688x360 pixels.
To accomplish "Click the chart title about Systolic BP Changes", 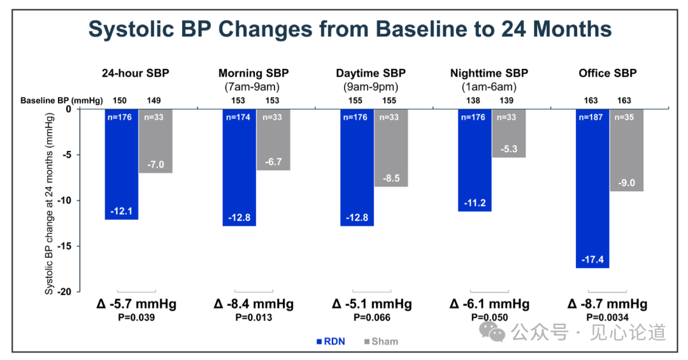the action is [350, 29].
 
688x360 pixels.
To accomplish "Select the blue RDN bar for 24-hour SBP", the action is [121, 164].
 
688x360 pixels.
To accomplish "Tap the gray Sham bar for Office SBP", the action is [627, 150].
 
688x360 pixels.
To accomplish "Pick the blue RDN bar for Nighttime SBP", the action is [475, 160].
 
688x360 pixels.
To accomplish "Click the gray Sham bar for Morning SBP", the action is [273, 140].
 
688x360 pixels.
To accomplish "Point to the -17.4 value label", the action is [592, 259].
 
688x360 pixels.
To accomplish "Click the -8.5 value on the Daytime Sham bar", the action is [391, 178].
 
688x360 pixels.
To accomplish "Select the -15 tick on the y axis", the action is [67, 247].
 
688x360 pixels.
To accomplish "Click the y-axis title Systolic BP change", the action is [49, 204].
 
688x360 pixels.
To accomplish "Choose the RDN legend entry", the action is [331, 342].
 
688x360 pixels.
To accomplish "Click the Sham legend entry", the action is [382, 342].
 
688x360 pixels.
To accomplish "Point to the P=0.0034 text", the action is [607, 317].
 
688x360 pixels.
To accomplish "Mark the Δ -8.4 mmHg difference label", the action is [254, 304].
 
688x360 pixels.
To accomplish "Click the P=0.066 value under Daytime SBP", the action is [371, 317].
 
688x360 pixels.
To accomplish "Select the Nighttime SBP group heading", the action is [489, 73].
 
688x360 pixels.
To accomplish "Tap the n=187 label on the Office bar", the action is [591, 117].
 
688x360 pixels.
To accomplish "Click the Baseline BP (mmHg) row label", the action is [61, 101].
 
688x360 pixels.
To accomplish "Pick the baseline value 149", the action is [154, 101].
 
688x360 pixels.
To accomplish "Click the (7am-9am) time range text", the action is [252, 87].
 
